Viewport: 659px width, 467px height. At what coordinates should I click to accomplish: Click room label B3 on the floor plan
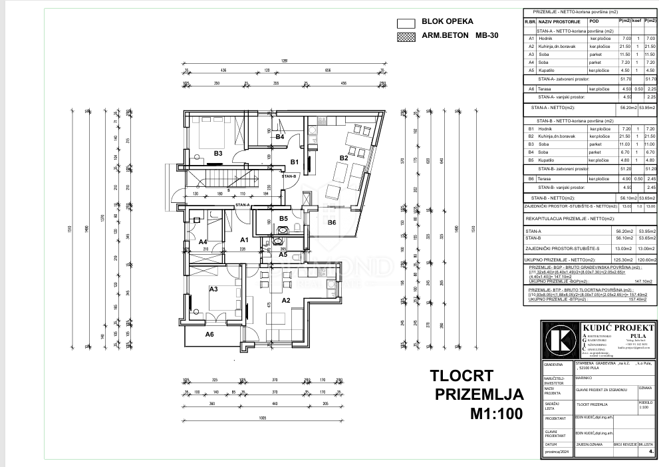click(217, 154)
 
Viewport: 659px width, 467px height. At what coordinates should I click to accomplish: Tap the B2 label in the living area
click(343, 158)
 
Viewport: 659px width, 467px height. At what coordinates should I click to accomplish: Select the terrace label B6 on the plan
click(331, 222)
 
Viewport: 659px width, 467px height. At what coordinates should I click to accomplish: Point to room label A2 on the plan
click(287, 300)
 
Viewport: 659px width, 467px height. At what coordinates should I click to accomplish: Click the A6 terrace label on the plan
click(209, 335)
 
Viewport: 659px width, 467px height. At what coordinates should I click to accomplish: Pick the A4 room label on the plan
click(203, 242)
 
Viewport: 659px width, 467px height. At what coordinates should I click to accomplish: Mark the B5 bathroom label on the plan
click(283, 218)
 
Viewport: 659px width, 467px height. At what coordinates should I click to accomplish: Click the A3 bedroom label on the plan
click(213, 289)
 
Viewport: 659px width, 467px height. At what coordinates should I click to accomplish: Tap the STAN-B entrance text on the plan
click(289, 176)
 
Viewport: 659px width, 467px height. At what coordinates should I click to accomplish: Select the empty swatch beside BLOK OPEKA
click(406, 21)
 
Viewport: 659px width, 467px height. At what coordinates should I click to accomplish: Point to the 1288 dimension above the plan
click(285, 61)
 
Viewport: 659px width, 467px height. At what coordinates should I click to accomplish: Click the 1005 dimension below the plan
click(263, 418)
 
